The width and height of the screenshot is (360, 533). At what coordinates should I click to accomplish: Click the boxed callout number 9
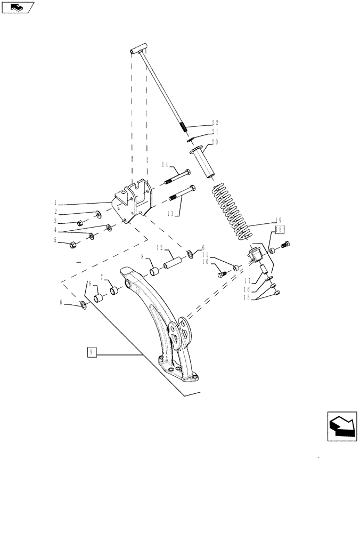click(92, 352)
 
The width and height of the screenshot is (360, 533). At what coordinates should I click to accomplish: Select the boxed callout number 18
click(279, 229)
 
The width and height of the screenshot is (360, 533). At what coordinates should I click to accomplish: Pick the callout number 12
click(159, 248)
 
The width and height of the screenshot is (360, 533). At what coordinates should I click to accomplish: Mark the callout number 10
click(205, 262)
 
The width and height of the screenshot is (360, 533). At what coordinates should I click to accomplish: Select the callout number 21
click(216, 132)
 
